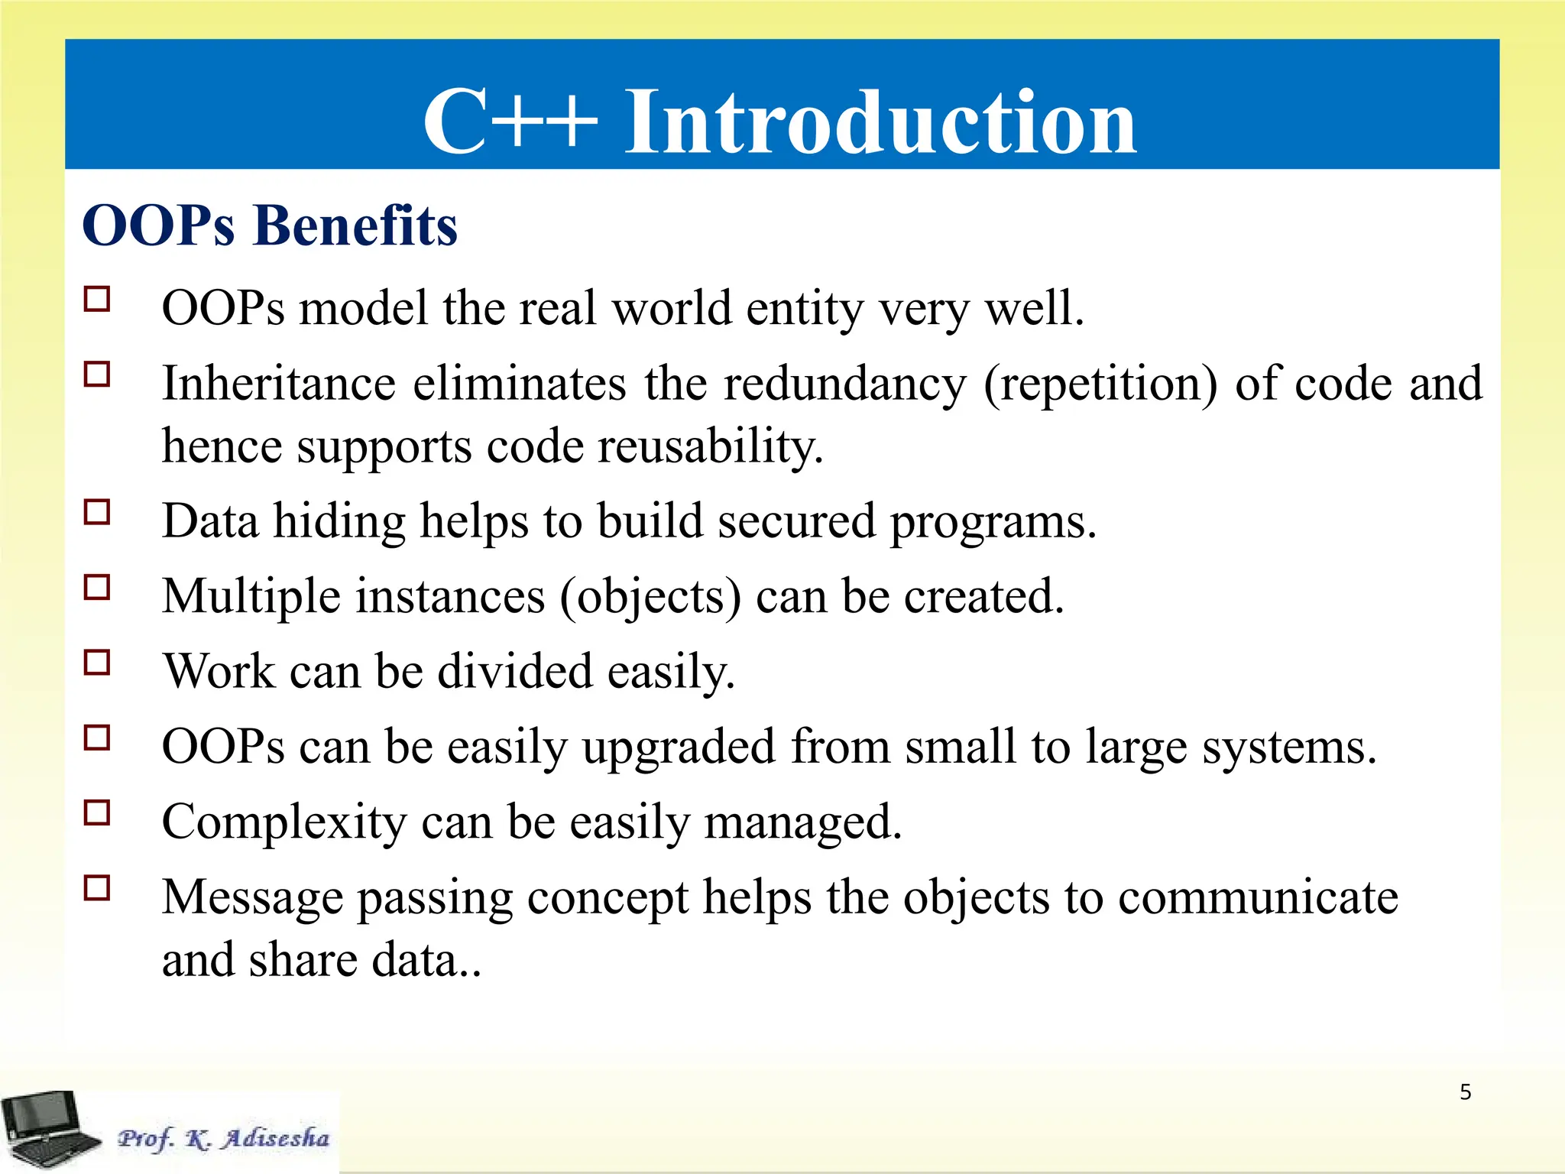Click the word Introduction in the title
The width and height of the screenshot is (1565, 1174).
tap(880, 122)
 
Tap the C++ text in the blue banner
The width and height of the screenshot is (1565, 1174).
tap(510, 122)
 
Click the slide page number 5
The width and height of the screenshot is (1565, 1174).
tap(1465, 1092)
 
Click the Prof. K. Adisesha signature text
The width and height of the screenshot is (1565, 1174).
tap(223, 1138)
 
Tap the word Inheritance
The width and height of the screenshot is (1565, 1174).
tap(279, 384)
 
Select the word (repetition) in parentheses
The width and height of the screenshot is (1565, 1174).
tap(1100, 384)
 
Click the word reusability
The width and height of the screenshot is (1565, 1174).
tap(710, 446)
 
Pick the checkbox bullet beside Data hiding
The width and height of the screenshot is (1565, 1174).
tap(97, 512)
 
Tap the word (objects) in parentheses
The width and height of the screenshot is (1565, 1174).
tap(650, 597)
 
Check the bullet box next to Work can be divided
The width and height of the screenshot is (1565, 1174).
tap(97, 662)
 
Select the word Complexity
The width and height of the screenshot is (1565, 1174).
tap(284, 822)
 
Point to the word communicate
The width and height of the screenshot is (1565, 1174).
tap(1258, 897)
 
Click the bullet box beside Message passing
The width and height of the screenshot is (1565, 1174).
tap(97, 888)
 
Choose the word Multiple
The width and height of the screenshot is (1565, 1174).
tap(251, 596)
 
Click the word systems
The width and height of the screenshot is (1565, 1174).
tap(1288, 747)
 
